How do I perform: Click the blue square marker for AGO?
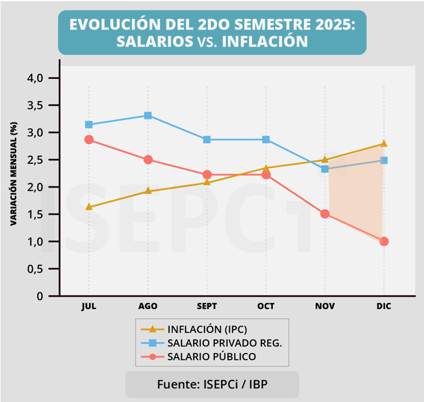(148, 116)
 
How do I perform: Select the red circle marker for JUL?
(89, 140)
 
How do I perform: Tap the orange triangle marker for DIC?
(384, 144)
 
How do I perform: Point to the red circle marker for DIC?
(384, 242)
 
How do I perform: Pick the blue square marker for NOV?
(325, 169)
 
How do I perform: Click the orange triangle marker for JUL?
(89, 207)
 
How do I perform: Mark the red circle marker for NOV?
(325, 214)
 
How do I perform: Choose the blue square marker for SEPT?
(207, 140)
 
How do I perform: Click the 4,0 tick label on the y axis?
(36, 78)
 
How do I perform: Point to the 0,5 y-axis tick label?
(36, 269)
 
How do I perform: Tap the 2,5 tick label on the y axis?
(36, 160)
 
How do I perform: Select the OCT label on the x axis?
(265, 306)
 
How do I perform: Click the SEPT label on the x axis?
(207, 306)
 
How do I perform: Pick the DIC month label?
(384, 306)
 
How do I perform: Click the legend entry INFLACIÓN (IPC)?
(207, 330)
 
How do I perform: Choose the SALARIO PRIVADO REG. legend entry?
(224, 343)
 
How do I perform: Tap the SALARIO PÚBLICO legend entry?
(211, 357)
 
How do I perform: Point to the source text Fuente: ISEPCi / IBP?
(212, 384)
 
